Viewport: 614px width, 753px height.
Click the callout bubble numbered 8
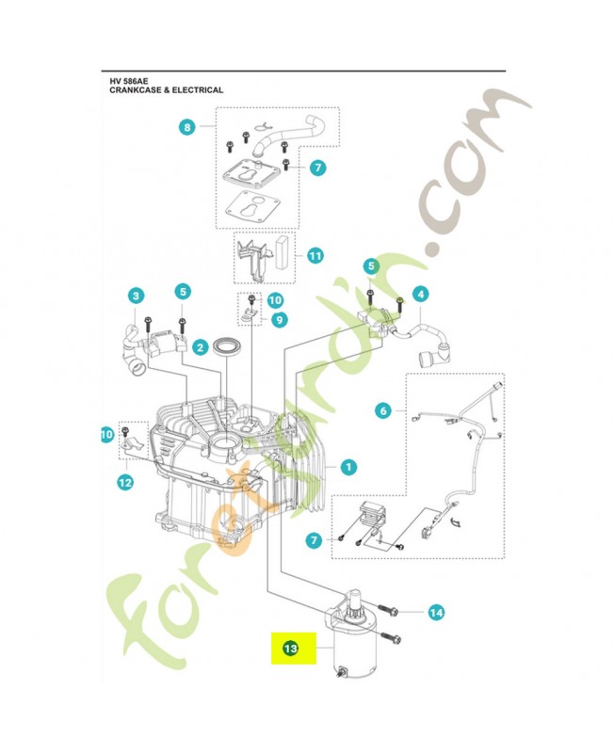[186, 126]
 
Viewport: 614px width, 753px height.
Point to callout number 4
[420, 294]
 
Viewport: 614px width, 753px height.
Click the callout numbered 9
[280, 320]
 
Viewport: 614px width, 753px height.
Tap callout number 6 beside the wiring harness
[381, 410]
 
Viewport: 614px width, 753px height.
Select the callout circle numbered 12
[124, 482]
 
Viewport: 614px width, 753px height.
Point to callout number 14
[435, 613]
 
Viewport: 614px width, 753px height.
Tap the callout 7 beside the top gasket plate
[317, 168]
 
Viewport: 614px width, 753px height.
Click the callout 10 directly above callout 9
[274, 300]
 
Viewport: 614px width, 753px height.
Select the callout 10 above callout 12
[106, 434]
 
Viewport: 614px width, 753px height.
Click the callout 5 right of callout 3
[182, 292]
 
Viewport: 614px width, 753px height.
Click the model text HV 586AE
[129, 81]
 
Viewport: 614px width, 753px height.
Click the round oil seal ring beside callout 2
[227, 345]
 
